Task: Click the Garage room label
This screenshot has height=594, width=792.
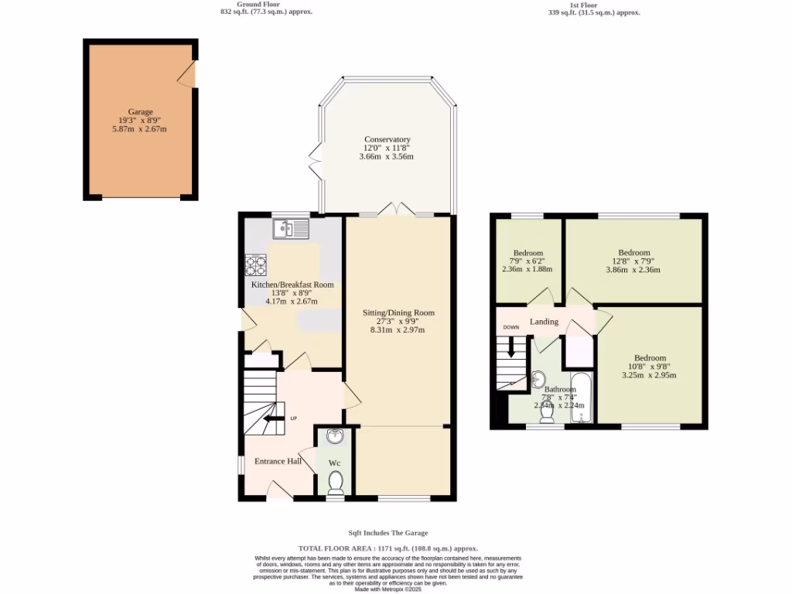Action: [x=140, y=111]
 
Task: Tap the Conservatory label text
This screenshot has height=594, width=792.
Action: [x=386, y=139]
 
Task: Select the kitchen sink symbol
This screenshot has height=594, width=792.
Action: [x=290, y=228]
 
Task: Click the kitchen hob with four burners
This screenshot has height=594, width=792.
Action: [x=256, y=265]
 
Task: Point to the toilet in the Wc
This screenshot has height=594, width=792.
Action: [x=335, y=483]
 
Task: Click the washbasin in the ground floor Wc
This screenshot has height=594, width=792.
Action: [x=335, y=439]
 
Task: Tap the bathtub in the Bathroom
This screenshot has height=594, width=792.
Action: [x=581, y=398]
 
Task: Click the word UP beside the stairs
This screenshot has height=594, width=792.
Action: [x=293, y=418]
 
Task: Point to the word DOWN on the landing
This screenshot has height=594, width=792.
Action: [x=511, y=327]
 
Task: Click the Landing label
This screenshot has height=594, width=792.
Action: [x=544, y=322]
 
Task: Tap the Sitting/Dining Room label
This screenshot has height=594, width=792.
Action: [x=398, y=313]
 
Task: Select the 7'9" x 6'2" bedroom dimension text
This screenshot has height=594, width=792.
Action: [x=528, y=261]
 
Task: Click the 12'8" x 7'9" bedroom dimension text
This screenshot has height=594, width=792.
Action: [x=633, y=261]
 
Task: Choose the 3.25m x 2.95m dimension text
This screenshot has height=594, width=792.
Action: [x=649, y=375]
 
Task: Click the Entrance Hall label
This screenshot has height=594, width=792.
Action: [x=278, y=462]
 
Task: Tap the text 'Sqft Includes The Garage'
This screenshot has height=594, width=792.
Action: [x=387, y=533]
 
